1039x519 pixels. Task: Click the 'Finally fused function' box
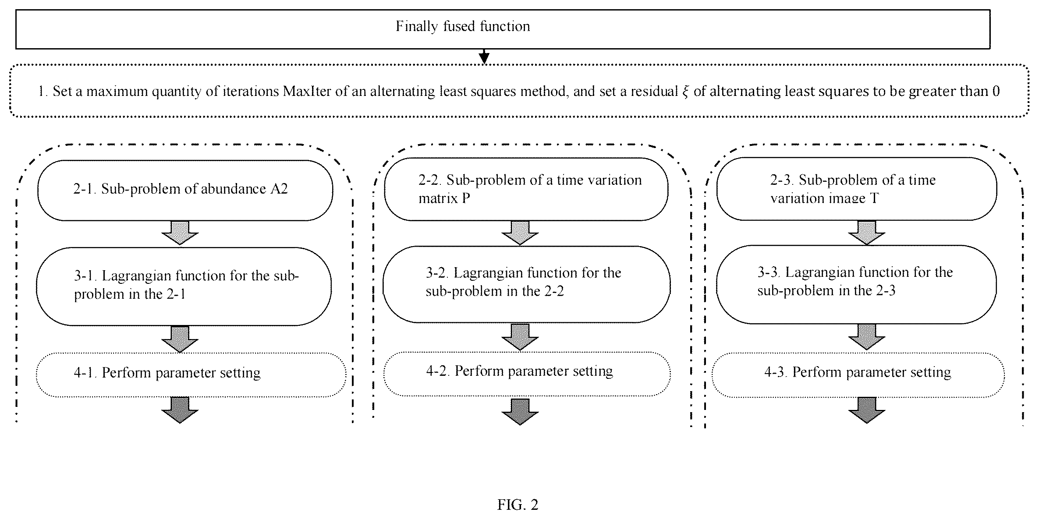503,29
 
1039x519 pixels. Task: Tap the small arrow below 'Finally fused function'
484,56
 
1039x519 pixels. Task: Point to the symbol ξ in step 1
685,92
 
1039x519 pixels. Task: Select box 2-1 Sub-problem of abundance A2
185,190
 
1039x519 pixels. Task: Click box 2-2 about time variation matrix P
526,189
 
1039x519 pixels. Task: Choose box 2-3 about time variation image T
857,189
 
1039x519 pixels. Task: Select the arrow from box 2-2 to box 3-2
520,233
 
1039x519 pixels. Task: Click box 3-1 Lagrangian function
184,286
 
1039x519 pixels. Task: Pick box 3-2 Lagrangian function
527,284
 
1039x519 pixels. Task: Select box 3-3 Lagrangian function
857,284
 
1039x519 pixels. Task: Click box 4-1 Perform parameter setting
191,375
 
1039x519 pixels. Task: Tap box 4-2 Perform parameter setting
527,374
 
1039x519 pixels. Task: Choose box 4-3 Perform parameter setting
858,375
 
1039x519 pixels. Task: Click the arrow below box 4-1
180,410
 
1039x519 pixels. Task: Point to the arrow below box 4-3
867,410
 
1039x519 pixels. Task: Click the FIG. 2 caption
518,505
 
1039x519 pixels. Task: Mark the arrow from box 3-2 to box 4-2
520,337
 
